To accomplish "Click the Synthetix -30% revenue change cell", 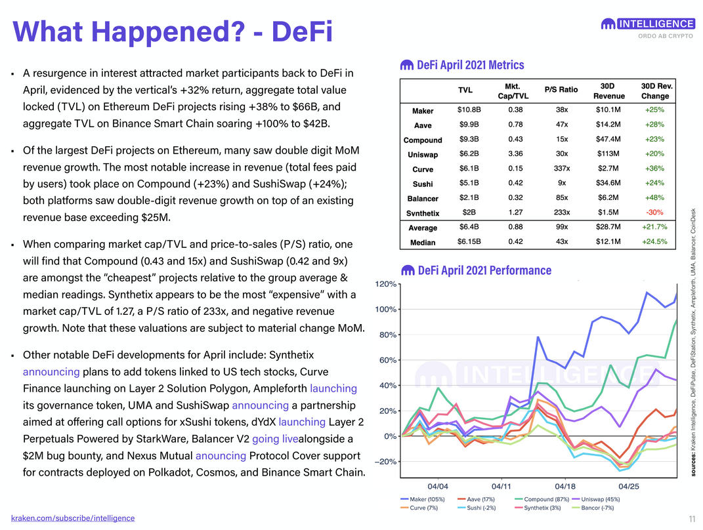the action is (x=654, y=213).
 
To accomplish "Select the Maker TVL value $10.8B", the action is (x=469, y=110).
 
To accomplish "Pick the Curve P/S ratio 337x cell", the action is (x=562, y=169).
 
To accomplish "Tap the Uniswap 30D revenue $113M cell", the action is (x=608, y=153).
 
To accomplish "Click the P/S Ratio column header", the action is (x=561, y=90).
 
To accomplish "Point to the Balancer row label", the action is (x=423, y=199).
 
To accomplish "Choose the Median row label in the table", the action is (x=423, y=243).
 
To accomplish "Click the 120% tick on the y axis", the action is (x=385, y=284).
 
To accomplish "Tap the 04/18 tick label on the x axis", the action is (x=565, y=486).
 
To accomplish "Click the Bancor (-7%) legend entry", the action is (x=593, y=508).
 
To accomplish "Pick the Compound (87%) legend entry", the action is (x=542, y=499).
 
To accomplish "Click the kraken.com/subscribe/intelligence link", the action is (x=73, y=518).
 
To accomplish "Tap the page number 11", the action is (x=692, y=519).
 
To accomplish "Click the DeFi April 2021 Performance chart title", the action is (x=476, y=271).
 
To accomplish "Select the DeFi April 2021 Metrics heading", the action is (x=462, y=65).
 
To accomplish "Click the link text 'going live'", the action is (x=275, y=439).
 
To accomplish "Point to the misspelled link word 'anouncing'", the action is (x=221, y=456).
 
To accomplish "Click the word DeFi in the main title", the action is (x=302, y=31).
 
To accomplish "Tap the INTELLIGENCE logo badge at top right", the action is (x=649, y=24).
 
